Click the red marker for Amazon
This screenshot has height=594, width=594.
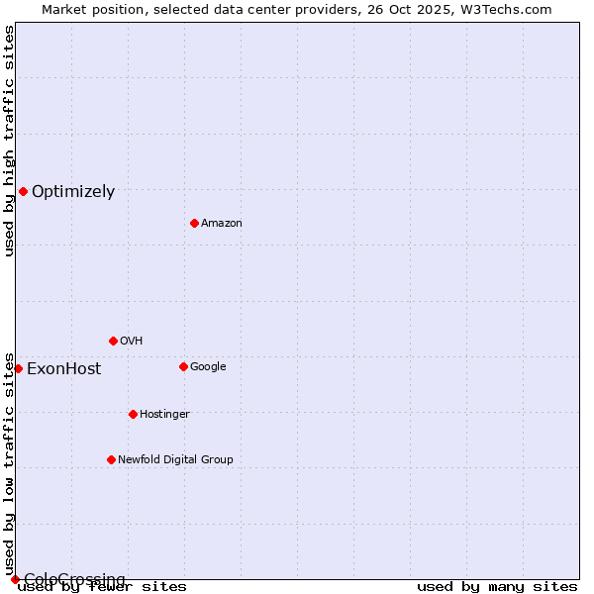point(194,223)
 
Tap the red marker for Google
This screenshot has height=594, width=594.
point(183,366)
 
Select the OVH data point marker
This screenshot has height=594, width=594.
point(113,341)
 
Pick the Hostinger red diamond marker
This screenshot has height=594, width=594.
point(133,414)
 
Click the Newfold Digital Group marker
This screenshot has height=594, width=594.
point(111,459)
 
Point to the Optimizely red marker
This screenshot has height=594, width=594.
point(23,191)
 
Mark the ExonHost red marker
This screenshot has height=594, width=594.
point(18,368)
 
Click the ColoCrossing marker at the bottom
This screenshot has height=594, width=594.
point(15,579)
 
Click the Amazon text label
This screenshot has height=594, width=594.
point(222,224)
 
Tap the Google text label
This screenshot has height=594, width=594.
point(208,367)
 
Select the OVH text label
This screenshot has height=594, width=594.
point(132,342)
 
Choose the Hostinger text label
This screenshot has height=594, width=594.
point(164,415)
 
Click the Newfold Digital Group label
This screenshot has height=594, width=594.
point(175,460)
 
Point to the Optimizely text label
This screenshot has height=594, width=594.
point(73,192)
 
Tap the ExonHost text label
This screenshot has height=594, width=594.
point(63,369)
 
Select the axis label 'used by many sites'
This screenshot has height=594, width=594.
point(497,587)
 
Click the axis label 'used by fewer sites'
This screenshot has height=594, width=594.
point(102,587)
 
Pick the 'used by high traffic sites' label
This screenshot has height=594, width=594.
point(9,141)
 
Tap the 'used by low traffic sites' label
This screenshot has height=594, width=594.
point(9,463)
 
